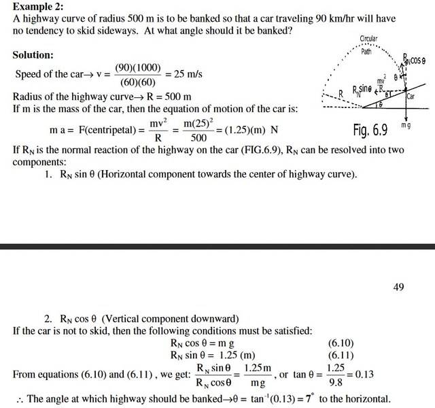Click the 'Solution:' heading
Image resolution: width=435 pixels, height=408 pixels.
[x=33, y=54]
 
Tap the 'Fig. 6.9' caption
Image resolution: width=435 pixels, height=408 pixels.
[x=371, y=130]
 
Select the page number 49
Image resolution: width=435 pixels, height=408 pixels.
[x=398, y=287]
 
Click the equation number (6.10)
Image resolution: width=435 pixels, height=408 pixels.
[x=341, y=343]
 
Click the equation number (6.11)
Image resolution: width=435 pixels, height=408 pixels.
[x=341, y=355]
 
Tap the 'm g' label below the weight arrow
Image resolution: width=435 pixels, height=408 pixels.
[x=406, y=126]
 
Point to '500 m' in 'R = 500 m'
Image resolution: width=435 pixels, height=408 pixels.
[x=178, y=97]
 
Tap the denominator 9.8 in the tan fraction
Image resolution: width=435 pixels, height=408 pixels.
[x=336, y=383]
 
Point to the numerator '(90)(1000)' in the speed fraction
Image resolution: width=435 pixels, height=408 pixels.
[x=137, y=67]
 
